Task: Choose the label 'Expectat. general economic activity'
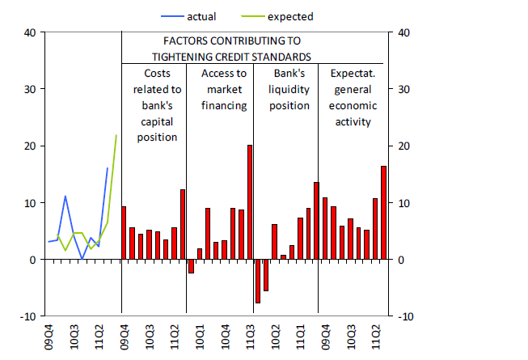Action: tap(351, 97)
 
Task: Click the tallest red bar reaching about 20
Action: tap(250, 202)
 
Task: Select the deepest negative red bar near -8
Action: tap(257, 281)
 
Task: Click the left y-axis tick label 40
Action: tap(30, 32)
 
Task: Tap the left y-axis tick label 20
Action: tap(30, 146)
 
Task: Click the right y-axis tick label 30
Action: tap(401, 90)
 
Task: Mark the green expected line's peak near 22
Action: tap(116, 135)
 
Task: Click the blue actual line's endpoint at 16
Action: tap(108, 168)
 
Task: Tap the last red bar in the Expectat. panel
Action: tap(383, 213)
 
